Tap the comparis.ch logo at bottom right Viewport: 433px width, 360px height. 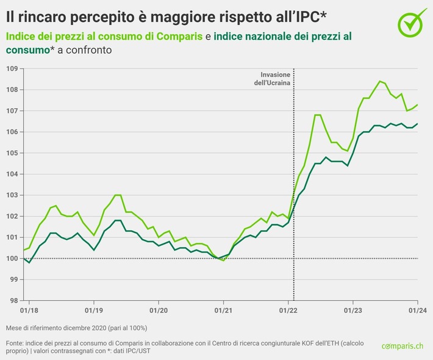402,346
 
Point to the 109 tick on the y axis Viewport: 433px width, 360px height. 11,69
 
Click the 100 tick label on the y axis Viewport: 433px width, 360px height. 11,259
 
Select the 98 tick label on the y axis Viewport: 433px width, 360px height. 12,301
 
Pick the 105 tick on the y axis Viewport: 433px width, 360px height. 11,153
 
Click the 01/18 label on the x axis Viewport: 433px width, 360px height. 29,311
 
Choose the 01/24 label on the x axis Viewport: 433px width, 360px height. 417,311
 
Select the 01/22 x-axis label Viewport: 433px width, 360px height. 288,311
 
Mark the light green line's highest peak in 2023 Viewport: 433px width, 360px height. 380,81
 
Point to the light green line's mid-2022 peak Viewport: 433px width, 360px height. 317,115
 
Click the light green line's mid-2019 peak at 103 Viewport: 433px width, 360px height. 117,195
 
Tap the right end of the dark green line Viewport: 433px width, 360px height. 418,124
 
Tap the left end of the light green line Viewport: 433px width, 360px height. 24,250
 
